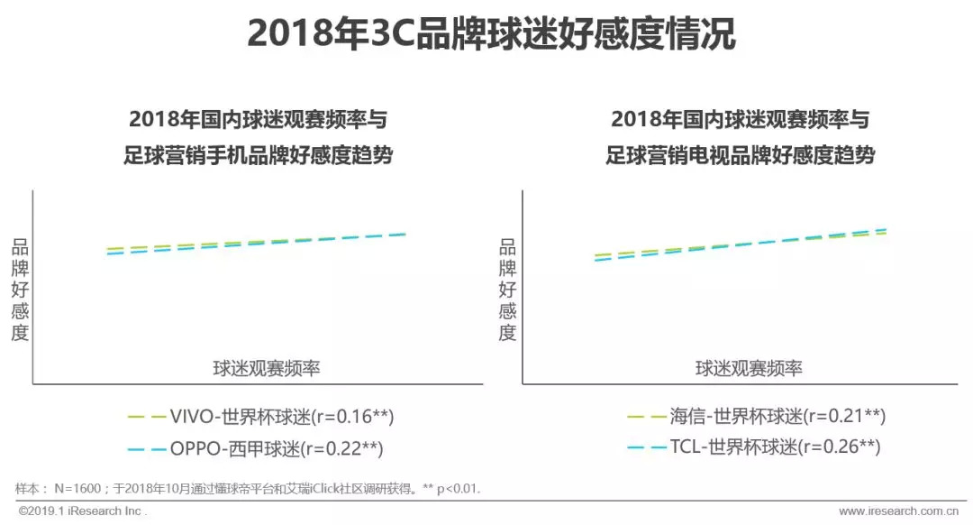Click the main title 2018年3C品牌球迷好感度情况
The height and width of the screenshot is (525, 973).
pos(491,34)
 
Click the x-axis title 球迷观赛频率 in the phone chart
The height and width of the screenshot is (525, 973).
pos(268,368)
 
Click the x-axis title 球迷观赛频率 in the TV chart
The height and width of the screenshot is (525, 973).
pos(749,368)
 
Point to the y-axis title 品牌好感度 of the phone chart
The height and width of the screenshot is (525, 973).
pos(21,290)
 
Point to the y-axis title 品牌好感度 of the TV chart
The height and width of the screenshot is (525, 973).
pos(508,290)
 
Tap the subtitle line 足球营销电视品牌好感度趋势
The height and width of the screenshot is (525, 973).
pos(741,155)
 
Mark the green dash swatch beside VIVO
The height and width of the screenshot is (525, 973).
pos(147,417)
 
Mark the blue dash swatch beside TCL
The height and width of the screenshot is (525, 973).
pos(646,447)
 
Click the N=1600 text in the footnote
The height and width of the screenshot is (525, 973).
pos(79,488)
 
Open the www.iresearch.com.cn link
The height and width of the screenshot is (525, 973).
pos(896,511)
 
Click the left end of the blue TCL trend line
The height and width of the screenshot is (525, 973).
pos(597,259)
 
